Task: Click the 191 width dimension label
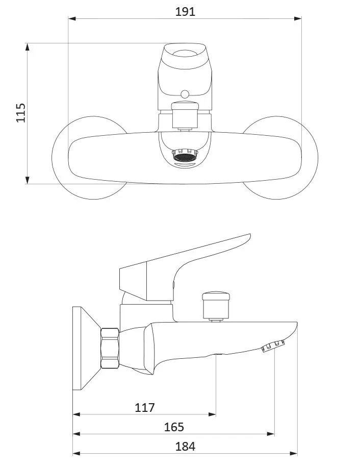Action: tap(185, 12)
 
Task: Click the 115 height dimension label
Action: tap(21, 113)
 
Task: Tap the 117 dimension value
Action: tap(145, 407)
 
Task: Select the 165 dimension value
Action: tap(174, 427)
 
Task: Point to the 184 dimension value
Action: tap(186, 447)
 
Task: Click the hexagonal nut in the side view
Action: tap(110, 348)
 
